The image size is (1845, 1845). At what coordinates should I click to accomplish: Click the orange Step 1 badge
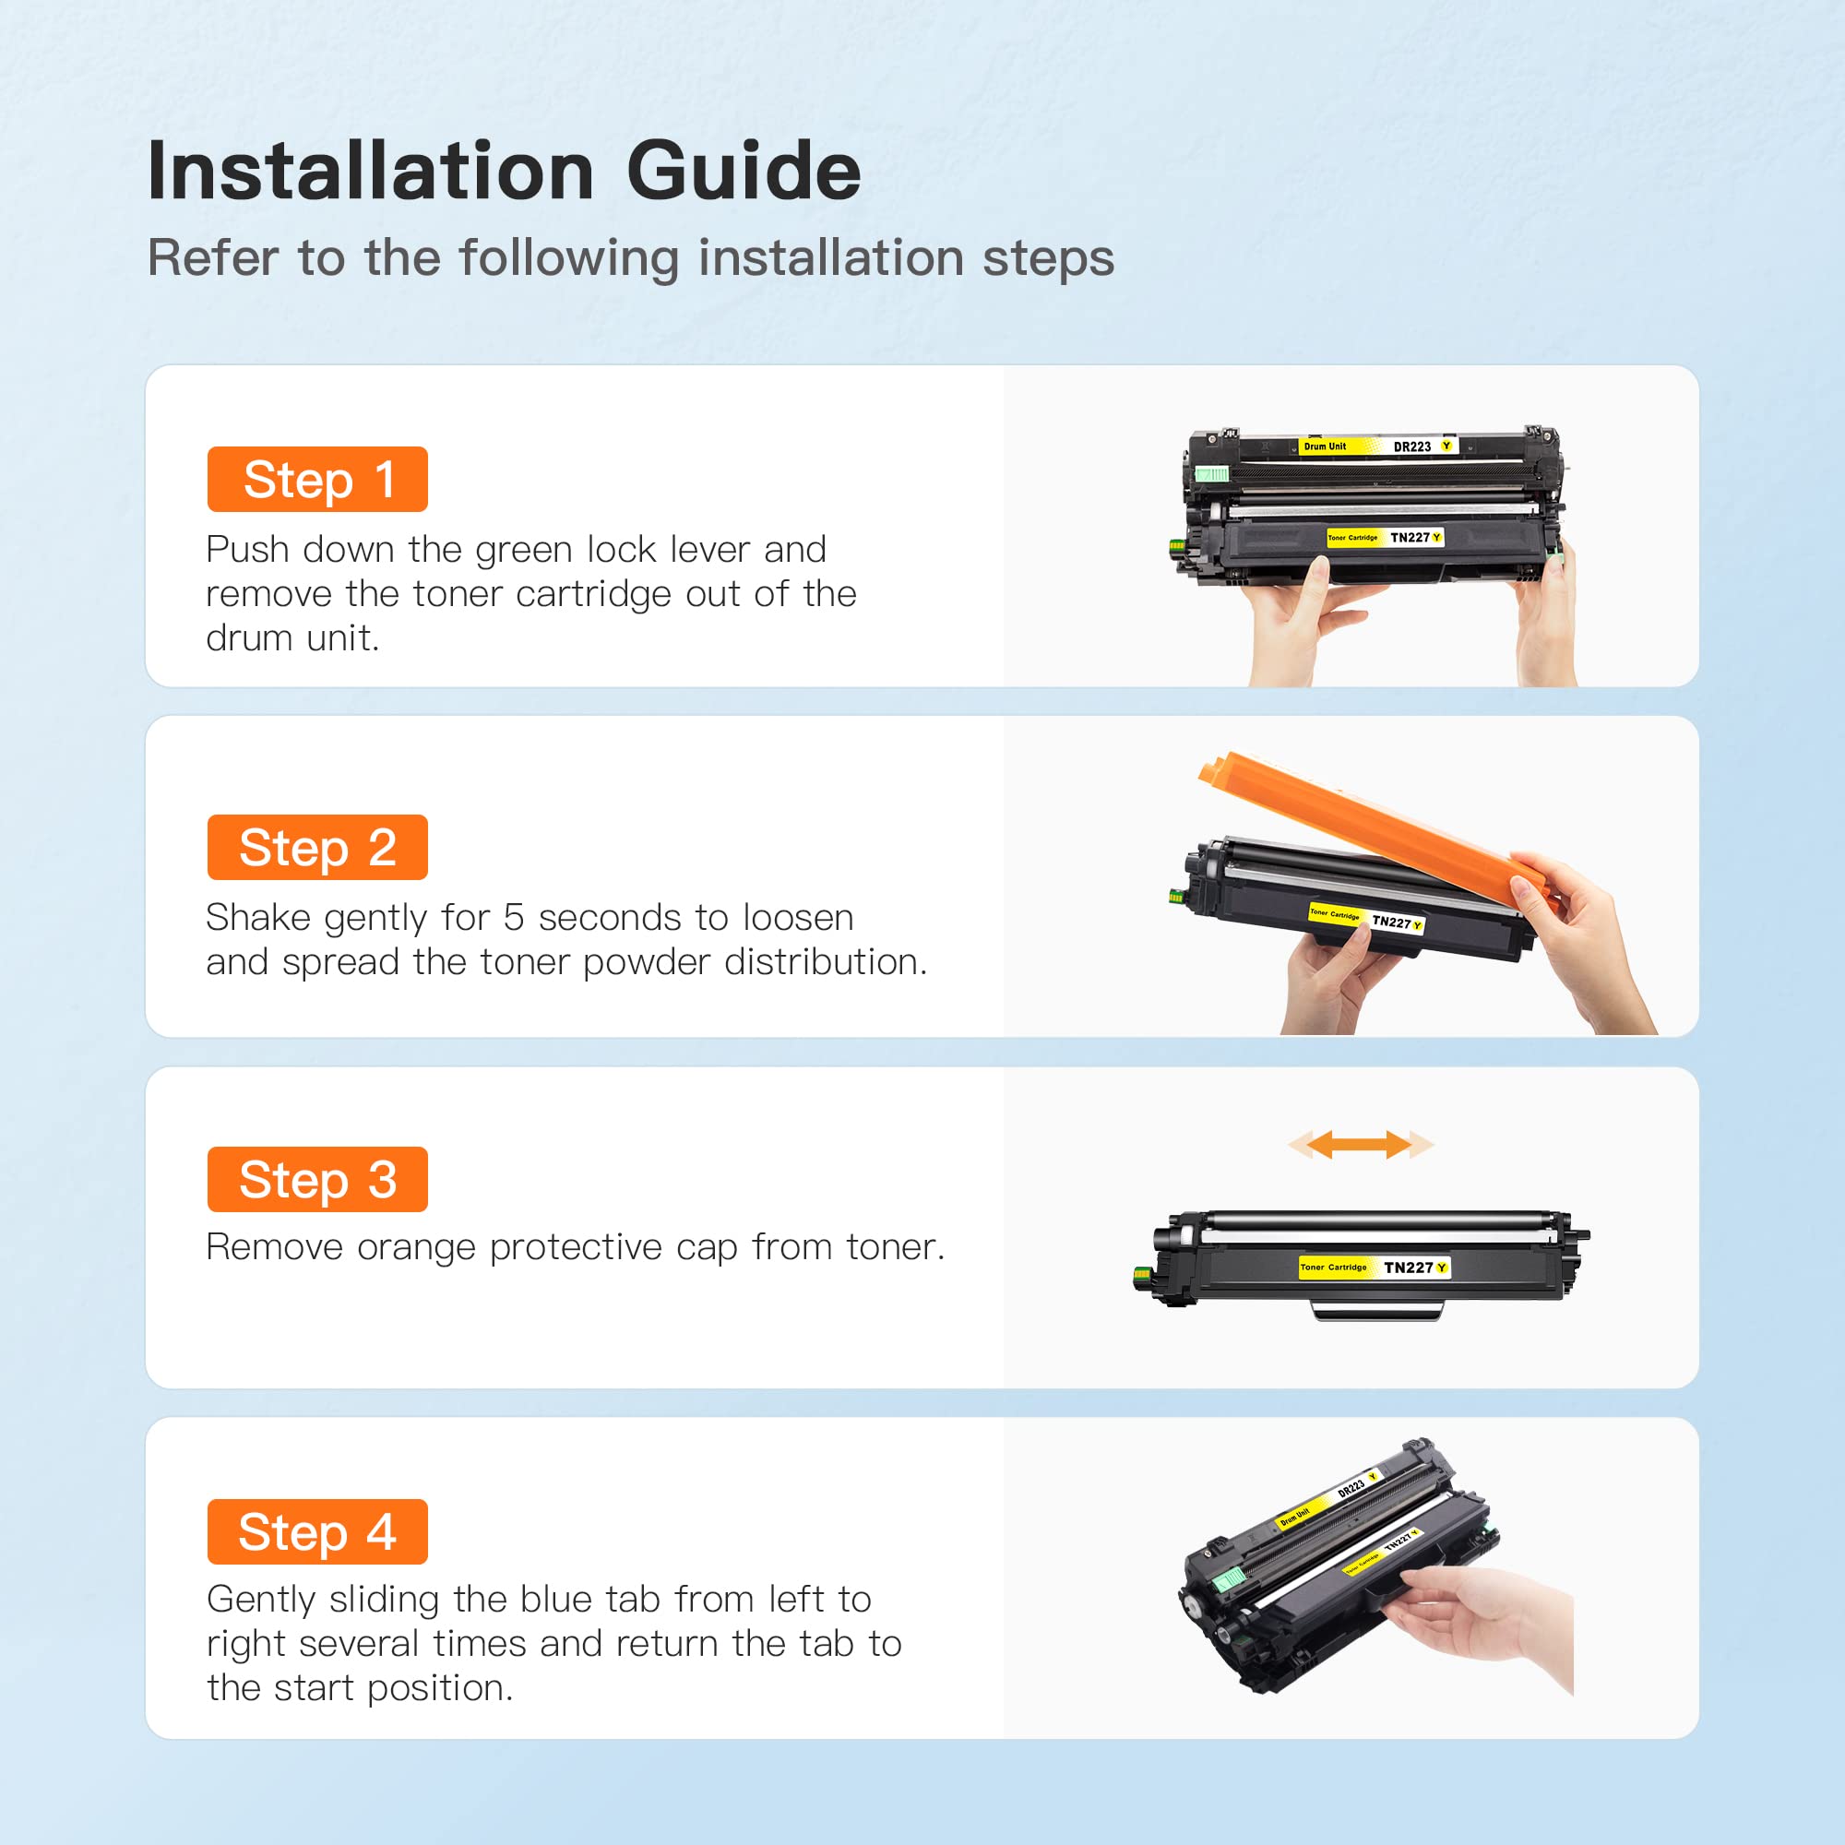(317, 480)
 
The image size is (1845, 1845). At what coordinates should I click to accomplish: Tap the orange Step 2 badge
(317, 847)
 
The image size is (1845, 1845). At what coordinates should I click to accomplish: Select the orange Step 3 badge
(317, 1179)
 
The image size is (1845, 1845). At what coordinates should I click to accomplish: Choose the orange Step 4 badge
(317, 1531)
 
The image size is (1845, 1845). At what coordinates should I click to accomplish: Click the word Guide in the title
(744, 172)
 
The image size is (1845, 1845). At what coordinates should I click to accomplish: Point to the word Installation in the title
(371, 172)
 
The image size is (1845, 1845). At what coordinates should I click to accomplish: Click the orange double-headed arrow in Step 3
(1361, 1144)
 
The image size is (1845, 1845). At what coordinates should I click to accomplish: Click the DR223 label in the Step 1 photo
(1411, 446)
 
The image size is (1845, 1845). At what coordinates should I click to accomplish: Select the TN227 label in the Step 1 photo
(1410, 538)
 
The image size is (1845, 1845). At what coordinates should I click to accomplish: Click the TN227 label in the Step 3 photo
(1409, 1268)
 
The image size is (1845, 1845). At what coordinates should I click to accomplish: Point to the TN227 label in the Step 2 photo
(1391, 922)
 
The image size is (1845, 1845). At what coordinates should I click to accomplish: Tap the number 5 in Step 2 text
(514, 918)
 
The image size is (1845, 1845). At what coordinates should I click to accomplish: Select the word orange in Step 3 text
(415, 1247)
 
